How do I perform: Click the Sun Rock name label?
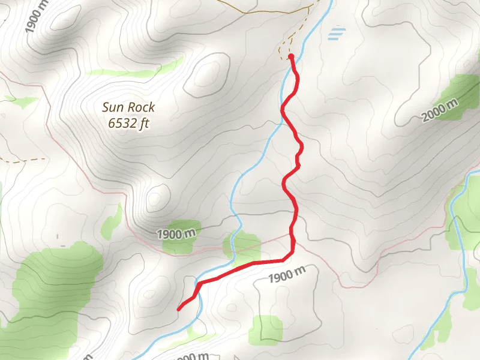coord(128,107)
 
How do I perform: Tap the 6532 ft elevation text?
coord(128,124)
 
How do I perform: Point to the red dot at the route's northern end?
coord(291,56)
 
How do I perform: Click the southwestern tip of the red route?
coord(179,309)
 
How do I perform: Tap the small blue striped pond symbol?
coord(337,34)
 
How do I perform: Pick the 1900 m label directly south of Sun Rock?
coord(178,233)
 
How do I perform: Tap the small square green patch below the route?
coord(265,329)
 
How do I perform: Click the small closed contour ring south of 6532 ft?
coord(156,197)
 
